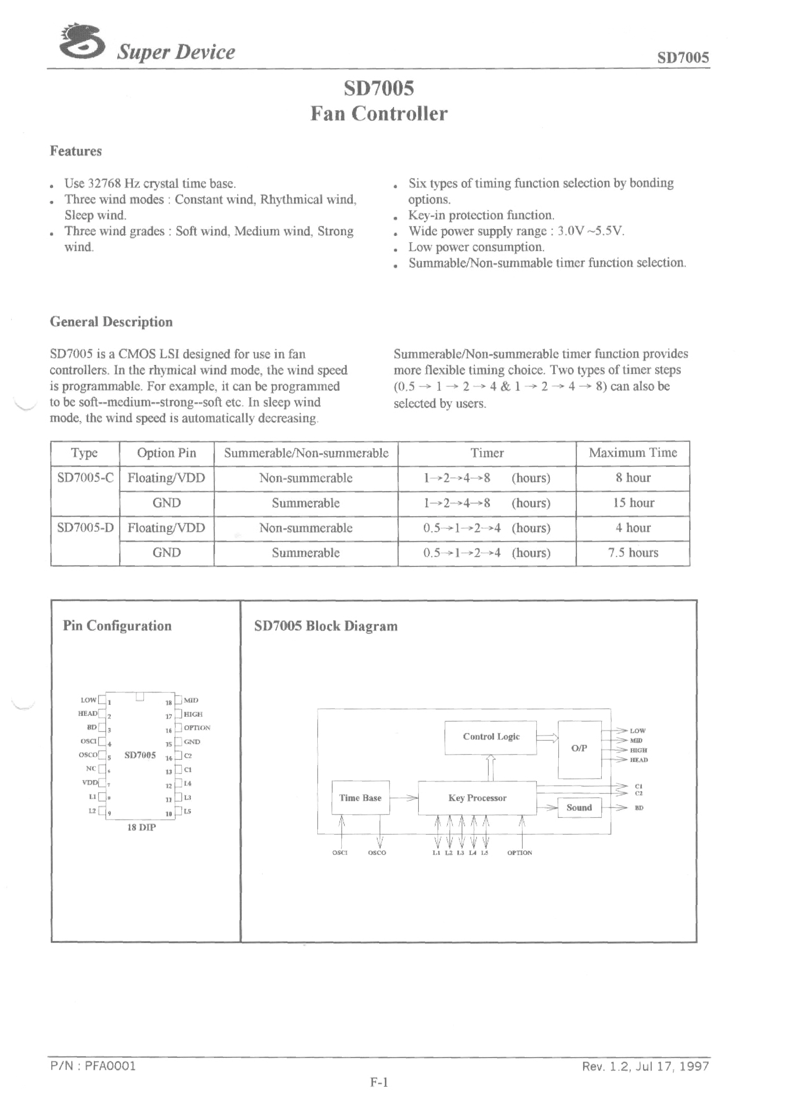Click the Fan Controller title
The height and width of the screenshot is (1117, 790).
click(x=378, y=114)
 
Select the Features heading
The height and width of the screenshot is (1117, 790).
click(x=76, y=151)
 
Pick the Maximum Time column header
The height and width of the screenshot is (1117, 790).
click(x=632, y=453)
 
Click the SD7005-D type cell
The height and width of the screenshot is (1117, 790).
click(x=85, y=528)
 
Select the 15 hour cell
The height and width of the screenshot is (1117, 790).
click(x=632, y=503)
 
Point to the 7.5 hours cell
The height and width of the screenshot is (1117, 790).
click(x=632, y=553)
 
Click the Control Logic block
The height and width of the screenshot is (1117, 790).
click(x=490, y=737)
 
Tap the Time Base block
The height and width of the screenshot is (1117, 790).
click(x=360, y=798)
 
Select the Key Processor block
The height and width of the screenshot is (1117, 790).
click(x=477, y=798)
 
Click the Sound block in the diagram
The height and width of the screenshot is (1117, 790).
click(x=578, y=808)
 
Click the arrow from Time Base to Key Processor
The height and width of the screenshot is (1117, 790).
click(x=404, y=798)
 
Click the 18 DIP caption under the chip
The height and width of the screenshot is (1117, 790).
click(x=141, y=827)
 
